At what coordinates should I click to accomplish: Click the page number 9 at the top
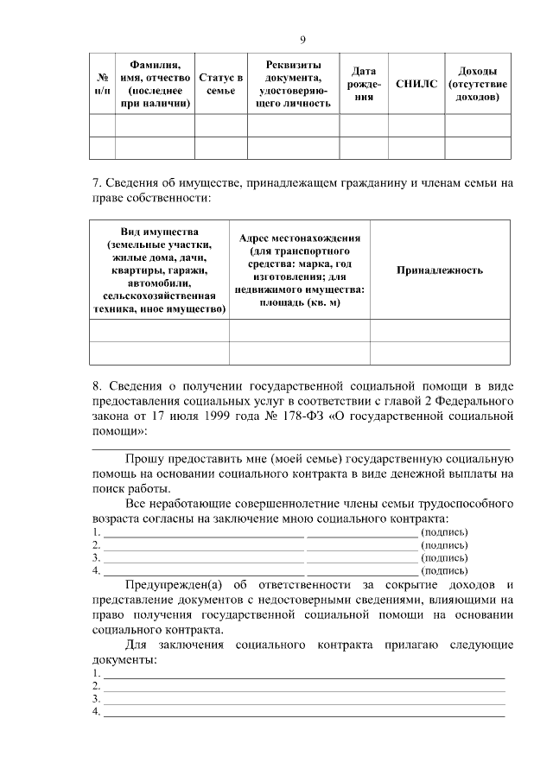point(302,39)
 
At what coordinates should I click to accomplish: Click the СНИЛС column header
point(416,84)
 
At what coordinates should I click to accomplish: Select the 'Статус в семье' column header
point(220,84)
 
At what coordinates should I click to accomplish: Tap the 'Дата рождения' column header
point(363,84)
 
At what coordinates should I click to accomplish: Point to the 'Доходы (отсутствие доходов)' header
point(477,84)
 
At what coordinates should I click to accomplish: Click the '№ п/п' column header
point(102,84)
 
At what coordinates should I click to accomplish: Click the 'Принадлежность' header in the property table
point(439,270)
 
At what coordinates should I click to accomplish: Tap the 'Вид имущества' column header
point(159,270)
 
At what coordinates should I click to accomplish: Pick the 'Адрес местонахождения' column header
point(299,270)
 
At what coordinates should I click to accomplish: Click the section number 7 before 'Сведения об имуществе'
point(96,183)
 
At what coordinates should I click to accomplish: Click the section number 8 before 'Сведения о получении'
point(96,384)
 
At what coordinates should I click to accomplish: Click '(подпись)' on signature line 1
point(444,532)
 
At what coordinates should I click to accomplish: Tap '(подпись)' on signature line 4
point(444,570)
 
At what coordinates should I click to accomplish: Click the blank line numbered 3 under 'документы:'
point(302,699)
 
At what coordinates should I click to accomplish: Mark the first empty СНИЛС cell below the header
point(416,126)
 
